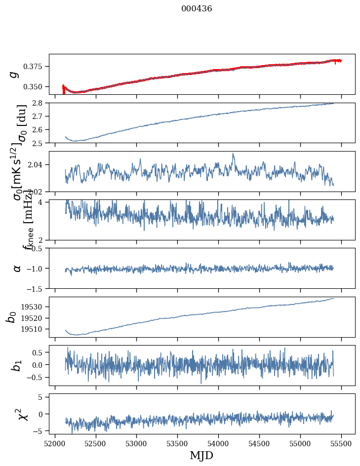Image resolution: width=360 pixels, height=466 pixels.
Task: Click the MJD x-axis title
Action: point(201,456)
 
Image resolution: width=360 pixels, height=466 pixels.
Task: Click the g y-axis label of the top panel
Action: point(14,74)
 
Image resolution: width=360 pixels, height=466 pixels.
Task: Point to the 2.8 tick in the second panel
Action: point(40,103)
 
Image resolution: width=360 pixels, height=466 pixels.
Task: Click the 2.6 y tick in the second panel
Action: point(40,129)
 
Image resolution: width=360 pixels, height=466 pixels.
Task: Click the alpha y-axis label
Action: point(17,268)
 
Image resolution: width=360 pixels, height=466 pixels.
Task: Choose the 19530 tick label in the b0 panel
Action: point(34,307)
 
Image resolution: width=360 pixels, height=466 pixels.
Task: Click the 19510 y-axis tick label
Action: point(34,329)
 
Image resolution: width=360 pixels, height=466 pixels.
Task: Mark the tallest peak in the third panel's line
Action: point(233,154)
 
